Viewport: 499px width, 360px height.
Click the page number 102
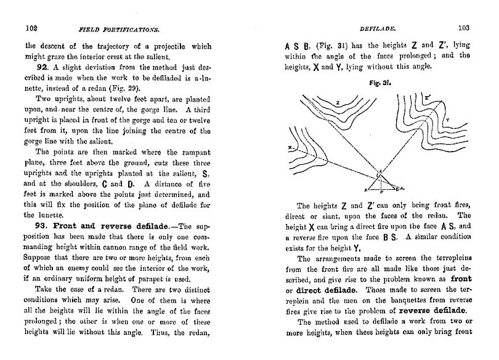pos(31,28)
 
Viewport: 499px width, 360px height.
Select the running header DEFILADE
pos(376,28)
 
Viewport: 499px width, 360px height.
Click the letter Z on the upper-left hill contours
pos(338,102)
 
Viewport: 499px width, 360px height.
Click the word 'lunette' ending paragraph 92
pos(37,215)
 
